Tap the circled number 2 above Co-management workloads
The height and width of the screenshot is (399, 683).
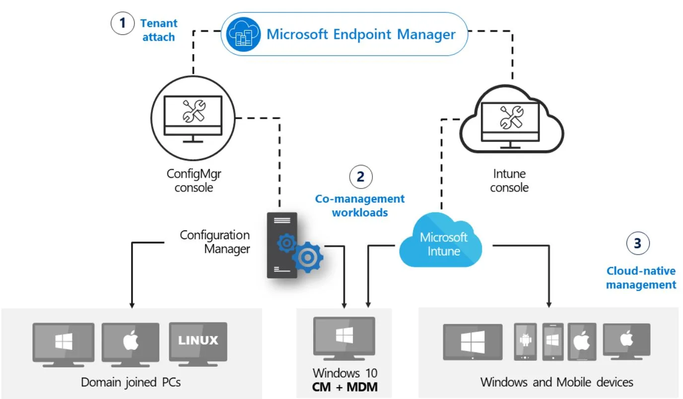(x=361, y=177)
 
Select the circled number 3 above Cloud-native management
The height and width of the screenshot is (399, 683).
(x=638, y=243)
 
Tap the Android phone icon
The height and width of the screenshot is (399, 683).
(x=525, y=342)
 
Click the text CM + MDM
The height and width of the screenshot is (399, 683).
(x=344, y=387)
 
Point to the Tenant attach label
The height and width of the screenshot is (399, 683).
(x=159, y=30)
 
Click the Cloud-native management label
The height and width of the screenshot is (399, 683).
(x=641, y=278)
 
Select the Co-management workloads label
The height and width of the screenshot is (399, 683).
(x=360, y=205)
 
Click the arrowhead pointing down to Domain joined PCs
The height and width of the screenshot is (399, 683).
(x=132, y=303)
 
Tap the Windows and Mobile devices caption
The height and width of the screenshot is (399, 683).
(x=556, y=382)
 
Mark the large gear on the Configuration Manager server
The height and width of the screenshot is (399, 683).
(x=308, y=257)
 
